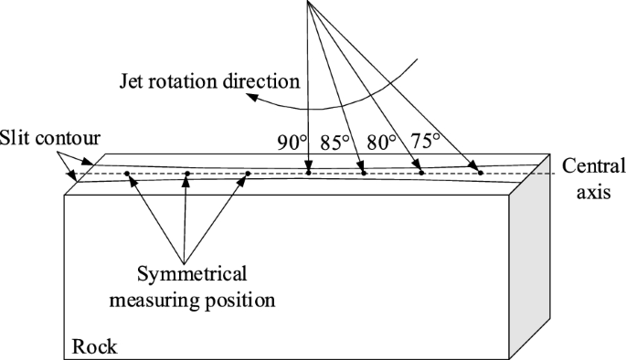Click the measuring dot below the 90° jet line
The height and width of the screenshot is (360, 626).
tap(309, 172)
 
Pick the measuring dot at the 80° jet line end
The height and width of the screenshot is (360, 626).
tap(421, 172)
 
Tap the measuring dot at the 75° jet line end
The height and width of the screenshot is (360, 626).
tap(480, 172)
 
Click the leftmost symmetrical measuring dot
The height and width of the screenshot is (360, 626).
tap(127, 174)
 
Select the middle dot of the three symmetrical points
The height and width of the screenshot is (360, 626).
tap(186, 174)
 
